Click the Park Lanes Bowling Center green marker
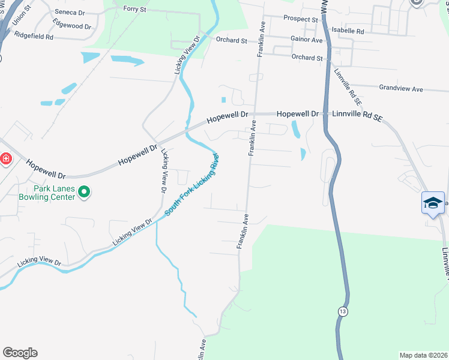pyautogui.click(x=85, y=192)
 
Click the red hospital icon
pyautogui.click(x=5, y=159)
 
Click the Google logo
pyautogui.click(x=20, y=353)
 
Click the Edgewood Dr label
pyautogui.click(x=72, y=27)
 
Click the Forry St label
pyautogui.click(x=134, y=9)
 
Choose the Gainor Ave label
pyautogui.click(x=306, y=40)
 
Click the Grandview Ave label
pyautogui.click(x=401, y=89)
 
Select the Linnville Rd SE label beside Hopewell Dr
pyautogui.click(x=357, y=114)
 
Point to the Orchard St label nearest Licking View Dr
pyautogui.click(x=231, y=41)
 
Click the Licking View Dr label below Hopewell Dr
pyautogui.click(x=164, y=171)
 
